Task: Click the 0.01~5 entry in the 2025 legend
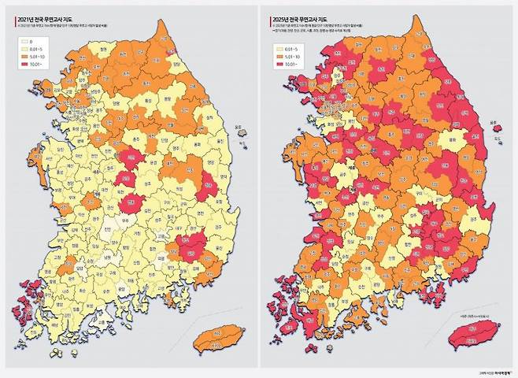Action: pyautogui.click(x=280, y=48)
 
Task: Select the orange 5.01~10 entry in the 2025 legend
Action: pyautogui.click(x=280, y=57)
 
